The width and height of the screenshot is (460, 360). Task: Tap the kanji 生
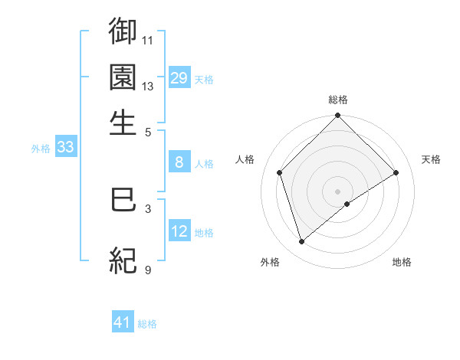(x=123, y=123)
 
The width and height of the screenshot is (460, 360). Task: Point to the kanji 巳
(x=123, y=200)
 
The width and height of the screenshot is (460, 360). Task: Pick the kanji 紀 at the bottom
(x=123, y=260)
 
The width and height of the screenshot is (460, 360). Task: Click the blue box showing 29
(x=179, y=78)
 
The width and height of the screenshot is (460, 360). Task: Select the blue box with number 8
(x=179, y=162)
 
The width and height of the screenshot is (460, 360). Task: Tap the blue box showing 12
(x=179, y=231)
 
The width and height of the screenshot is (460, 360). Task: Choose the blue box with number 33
(x=65, y=148)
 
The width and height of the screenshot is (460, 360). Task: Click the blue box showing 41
(x=123, y=322)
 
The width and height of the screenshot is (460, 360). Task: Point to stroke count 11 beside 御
(x=148, y=40)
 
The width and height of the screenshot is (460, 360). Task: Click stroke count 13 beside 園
(x=148, y=86)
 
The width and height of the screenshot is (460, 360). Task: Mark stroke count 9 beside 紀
(x=148, y=270)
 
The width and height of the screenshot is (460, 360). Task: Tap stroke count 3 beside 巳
(x=148, y=208)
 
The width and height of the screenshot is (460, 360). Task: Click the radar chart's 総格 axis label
(x=338, y=100)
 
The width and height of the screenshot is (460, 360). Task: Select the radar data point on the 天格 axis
(x=396, y=172)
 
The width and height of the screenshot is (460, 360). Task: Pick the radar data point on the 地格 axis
(x=347, y=204)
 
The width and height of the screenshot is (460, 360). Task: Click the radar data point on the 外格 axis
(x=301, y=242)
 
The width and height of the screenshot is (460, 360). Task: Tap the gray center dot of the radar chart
(x=338, y=191)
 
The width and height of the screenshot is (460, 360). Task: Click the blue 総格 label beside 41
(x=147, y=324)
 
